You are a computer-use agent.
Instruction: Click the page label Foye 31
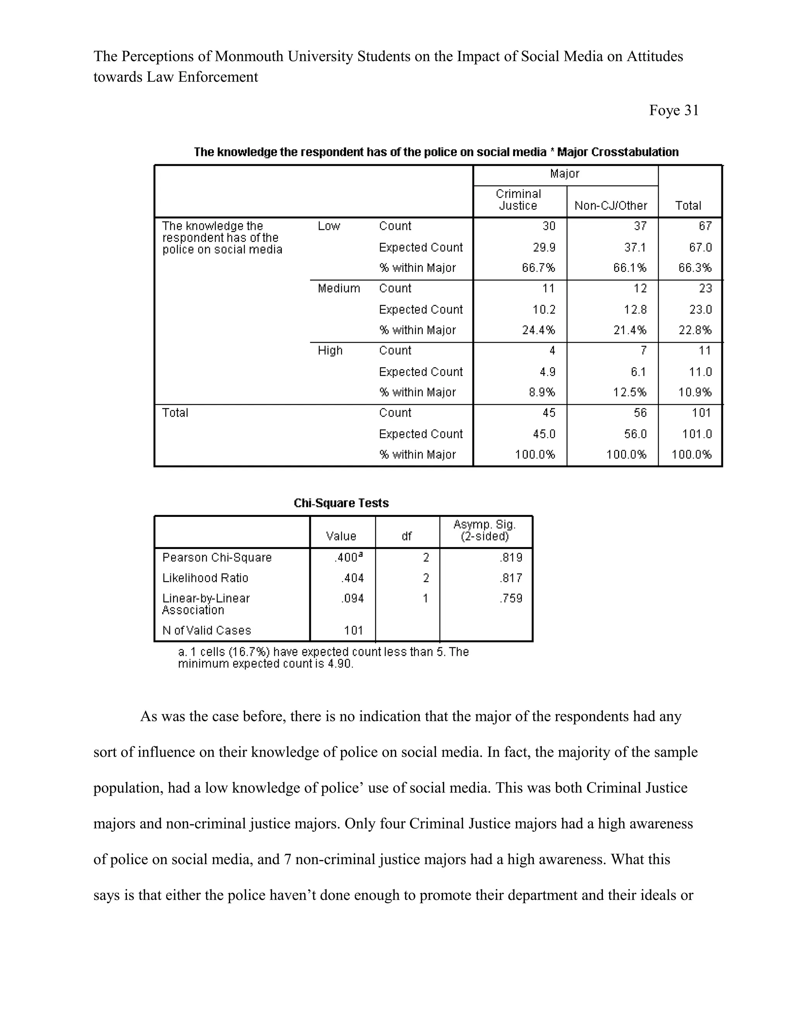[x=674, y=110]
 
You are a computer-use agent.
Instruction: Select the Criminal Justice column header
[x=518, y=200]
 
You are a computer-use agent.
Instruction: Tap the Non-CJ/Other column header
[x=611, y=206]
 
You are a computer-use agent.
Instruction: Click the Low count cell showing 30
[x=548, y=226]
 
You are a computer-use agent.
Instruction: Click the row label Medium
[x=339, y=288]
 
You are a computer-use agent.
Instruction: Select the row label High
[x=330, y=350]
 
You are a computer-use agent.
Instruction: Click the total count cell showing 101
[x=701, y=413]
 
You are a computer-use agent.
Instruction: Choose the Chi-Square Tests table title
[x=341, y=503]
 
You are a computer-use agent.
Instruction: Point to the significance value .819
[x=511, y=558]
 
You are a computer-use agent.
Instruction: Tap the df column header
[x=407, y=536]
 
